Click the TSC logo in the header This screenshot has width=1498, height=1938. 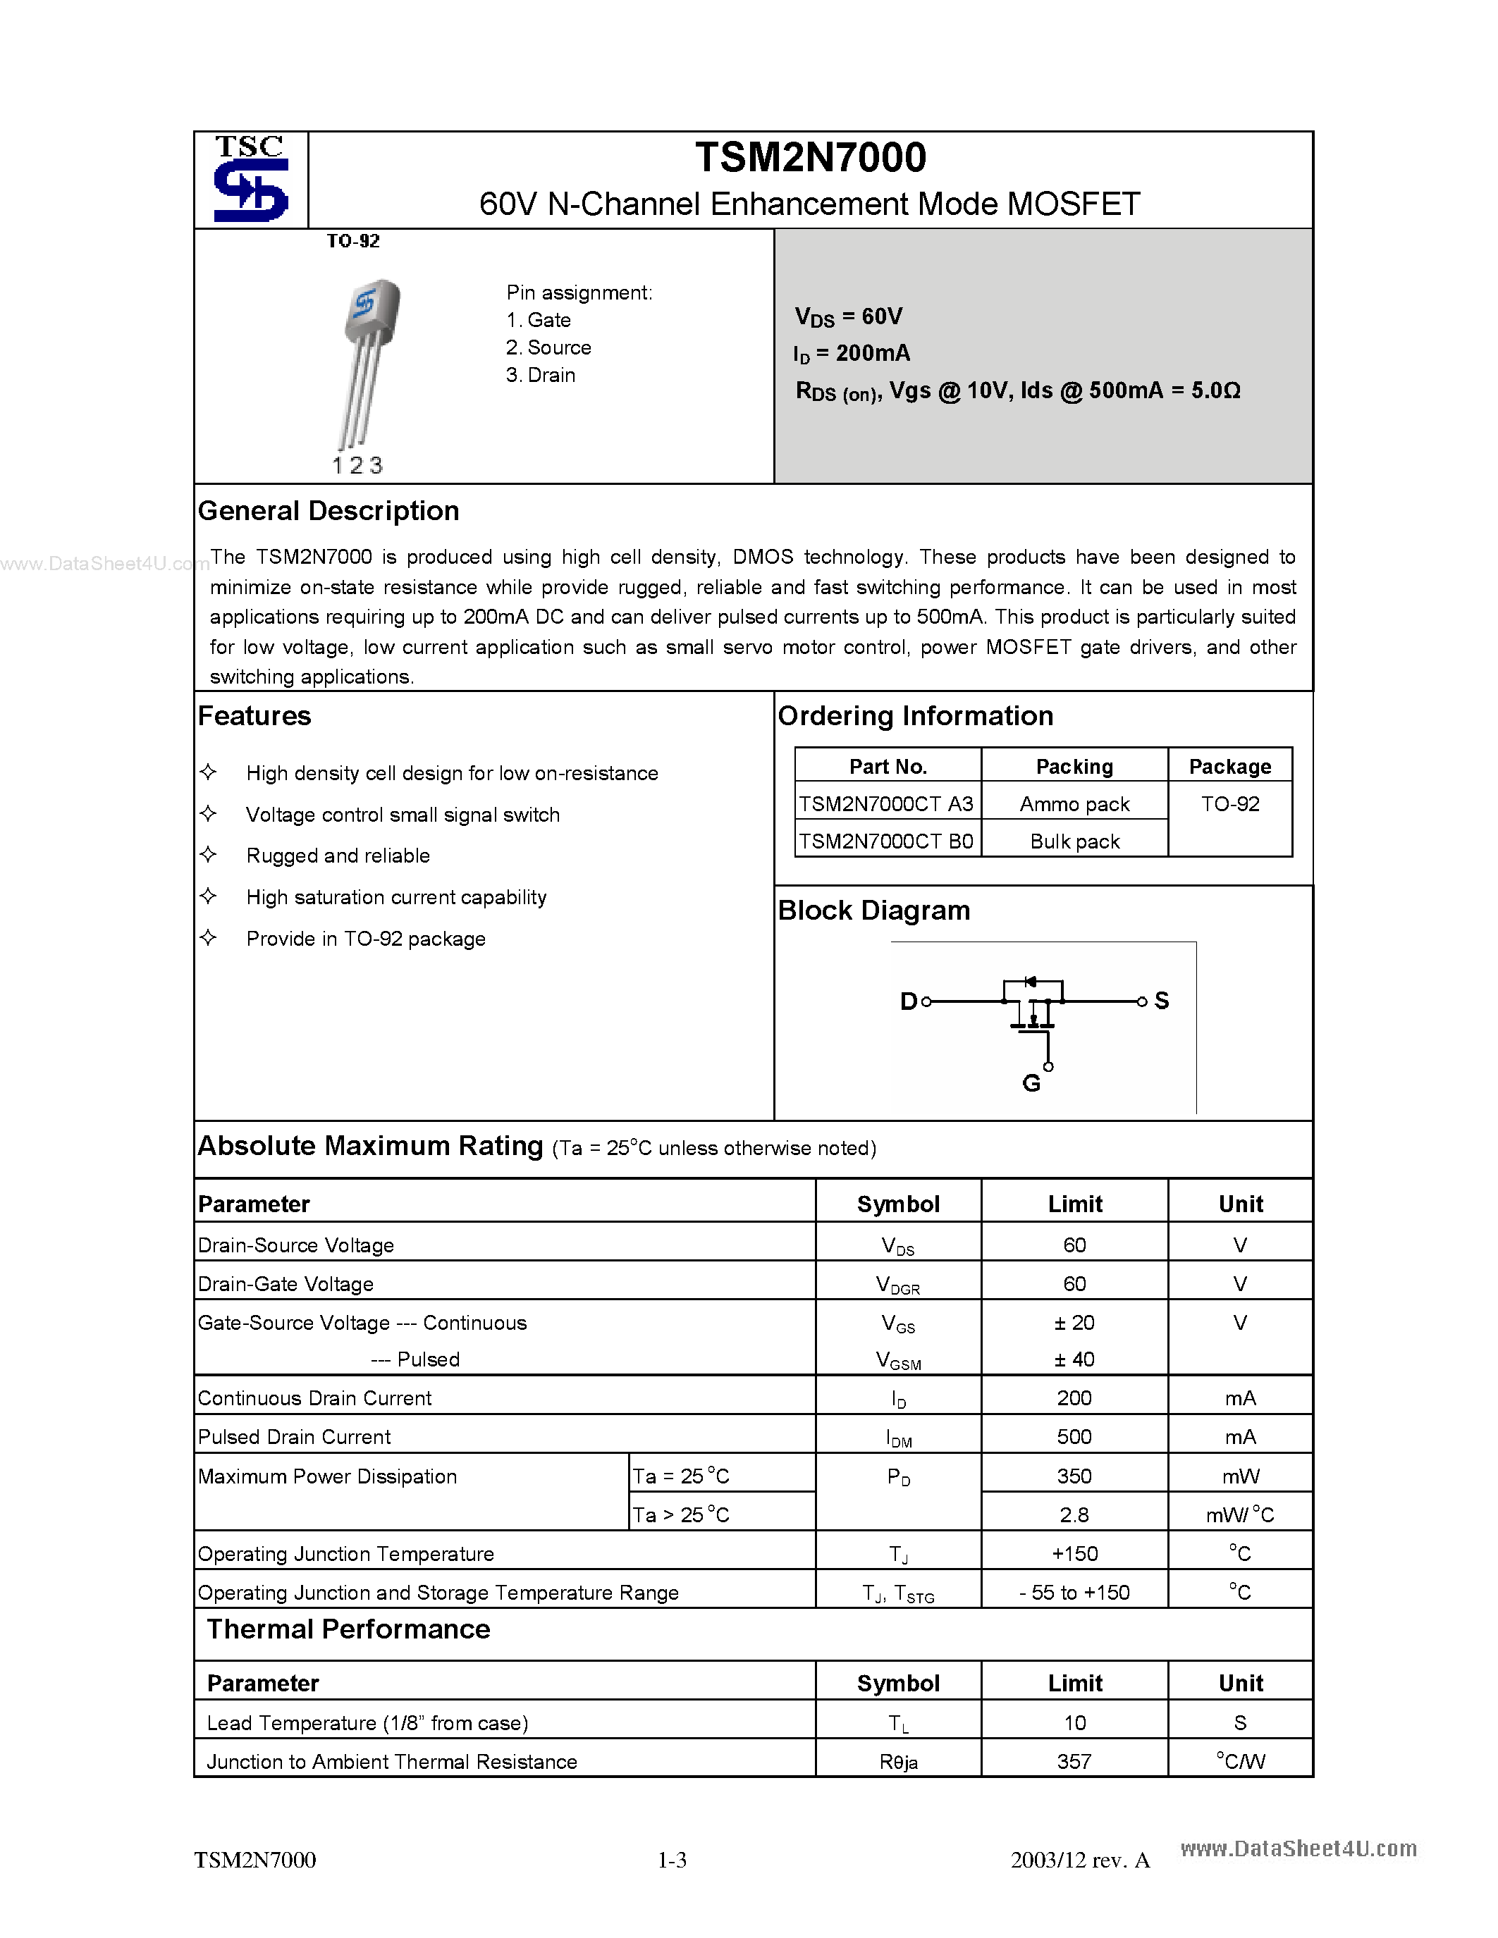251,179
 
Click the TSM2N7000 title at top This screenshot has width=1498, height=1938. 810,158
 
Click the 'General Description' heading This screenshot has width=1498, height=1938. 329,511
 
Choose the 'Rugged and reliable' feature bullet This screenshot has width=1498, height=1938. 338,856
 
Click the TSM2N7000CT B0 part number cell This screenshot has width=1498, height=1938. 887,841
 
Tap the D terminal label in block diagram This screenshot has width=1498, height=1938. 908,1002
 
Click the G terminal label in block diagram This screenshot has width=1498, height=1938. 1031,1083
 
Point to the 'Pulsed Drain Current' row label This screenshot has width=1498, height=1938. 295,1437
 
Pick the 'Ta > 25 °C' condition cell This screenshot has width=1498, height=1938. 681,1514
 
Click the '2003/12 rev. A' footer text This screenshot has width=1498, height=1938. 1080,1860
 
